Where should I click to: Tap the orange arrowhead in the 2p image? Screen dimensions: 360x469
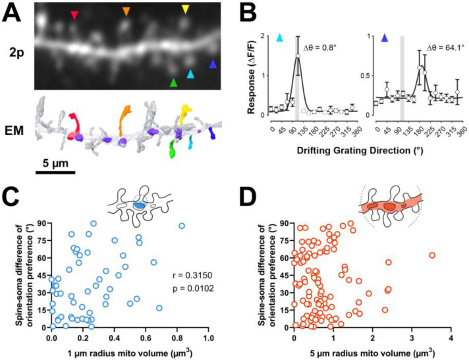coord(126,11)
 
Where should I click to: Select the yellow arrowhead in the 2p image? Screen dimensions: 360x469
coord(186,9)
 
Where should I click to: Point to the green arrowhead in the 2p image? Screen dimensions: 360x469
coord(173,82)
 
